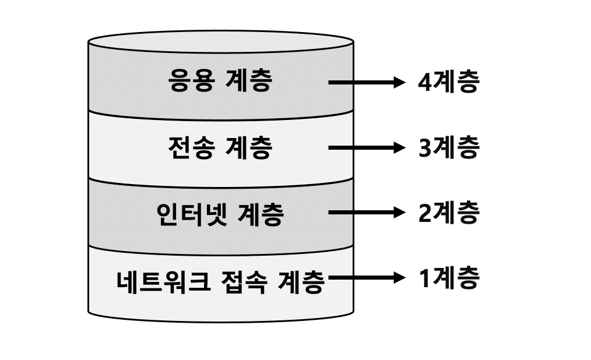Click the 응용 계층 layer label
pyautogui.click(x=220, y=82)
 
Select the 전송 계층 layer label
pyautogui.click(x=220, y=148)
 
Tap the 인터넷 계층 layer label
pyautogui.click(x=220, y=214)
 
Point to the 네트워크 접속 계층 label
pyautogui.click(x=220, y=283)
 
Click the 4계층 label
pyautogui.click(x=448, y=82)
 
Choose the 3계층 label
pyautogui.click(x=448, y=148)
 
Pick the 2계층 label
pyautogui.click(x=448, y=213)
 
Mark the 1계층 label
pyautogui.click(x=448, y=278)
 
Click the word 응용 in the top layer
pyautogui.click(x=190, y=82)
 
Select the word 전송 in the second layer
pyautogui.click(x=190, y=148)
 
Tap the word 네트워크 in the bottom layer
pyautogui.click(x=155, y=283)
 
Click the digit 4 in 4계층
pyautogui.click(x=424, y=83)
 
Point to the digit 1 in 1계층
pyautogui.click(x=424, y=278)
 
